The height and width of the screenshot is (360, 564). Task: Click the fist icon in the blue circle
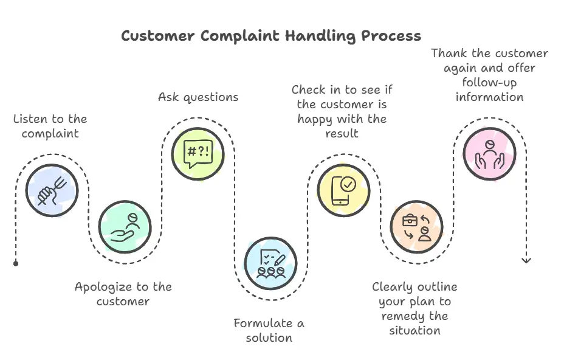click(52, 190)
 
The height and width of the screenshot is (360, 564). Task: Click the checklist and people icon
click(270, 263)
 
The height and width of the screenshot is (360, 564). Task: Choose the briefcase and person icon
click(416, 226)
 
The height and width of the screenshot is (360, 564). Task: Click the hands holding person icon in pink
click(489, 154)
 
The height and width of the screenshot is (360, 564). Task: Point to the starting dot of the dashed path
click(16, 263)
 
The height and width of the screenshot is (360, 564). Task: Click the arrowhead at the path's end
click(526, 260)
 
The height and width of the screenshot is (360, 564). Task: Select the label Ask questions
click(198, 97)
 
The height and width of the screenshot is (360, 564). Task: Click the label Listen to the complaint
click(50, 126)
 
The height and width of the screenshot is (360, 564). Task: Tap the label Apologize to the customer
click(123, 294)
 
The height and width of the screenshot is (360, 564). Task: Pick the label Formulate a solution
click(269, 330)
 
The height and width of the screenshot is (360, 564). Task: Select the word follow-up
click(490, 82)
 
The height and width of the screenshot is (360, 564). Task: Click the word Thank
click(449, 54)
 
